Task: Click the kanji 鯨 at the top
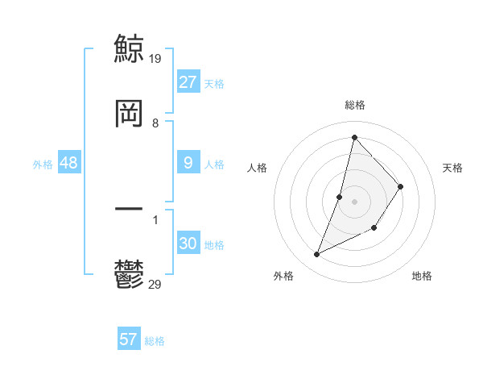click(129, 47)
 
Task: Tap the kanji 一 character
click(129, 210)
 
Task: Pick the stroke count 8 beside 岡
click(155, 123)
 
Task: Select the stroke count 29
click(156, 284)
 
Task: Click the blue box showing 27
click(188, 82)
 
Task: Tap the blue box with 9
click(188, 163)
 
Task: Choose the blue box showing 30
click(188, 244)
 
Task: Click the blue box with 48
click(69, 163)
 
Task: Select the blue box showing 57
click(128, 339)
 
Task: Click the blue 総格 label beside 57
click(155, 341)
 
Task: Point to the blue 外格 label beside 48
click(43, 165)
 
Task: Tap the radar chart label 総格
click(355, 105)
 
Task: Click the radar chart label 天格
click(453, 168)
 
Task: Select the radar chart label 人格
click(257, 168)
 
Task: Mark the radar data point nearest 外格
click(317, 255)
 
